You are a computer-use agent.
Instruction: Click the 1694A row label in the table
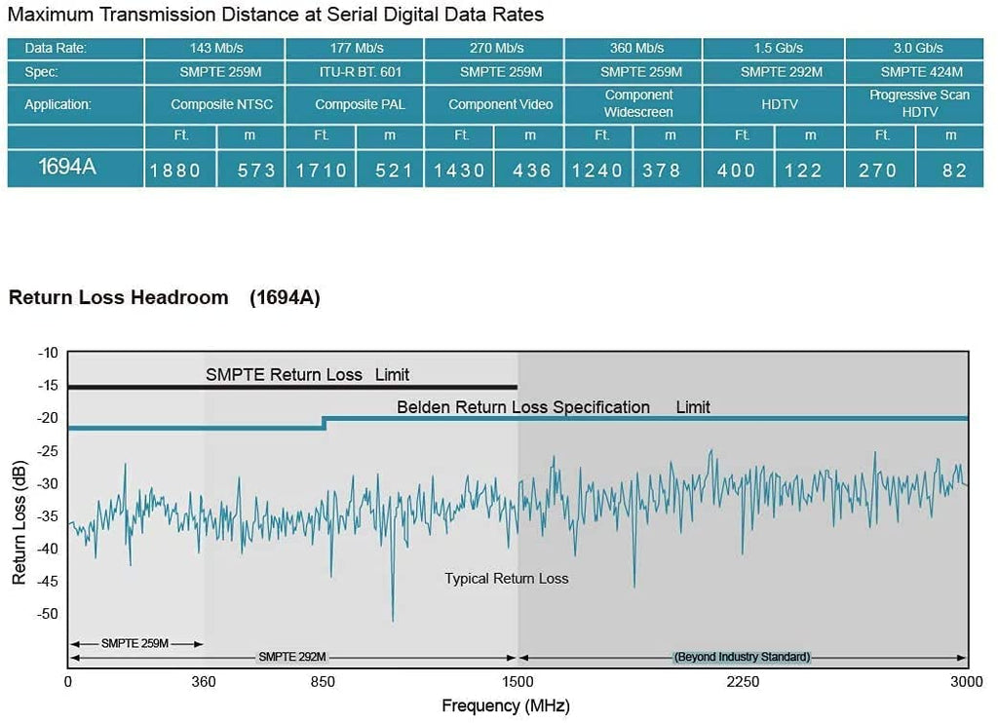[x=67, y=168]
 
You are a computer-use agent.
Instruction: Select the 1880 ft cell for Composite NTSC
[x=175, y=171]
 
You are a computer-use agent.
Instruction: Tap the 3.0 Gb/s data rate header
[x=915, y=48]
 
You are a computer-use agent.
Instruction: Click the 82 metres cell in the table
[x=955, y=171]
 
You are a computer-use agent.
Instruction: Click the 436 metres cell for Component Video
[x=532, y=171]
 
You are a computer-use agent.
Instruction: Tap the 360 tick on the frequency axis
[x=204, y=682]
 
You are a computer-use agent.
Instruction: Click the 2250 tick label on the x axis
[x=743, y=682]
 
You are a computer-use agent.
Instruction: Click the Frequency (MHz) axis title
[x=505, y=705]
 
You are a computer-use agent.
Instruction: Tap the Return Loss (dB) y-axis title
[x=19, y=523]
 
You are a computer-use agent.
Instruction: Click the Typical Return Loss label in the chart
[x=506, y=579]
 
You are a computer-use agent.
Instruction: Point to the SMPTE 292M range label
[x=291, y=657]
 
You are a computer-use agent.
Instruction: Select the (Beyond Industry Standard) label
[x=743, y=657]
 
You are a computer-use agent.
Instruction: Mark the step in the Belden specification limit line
[x=324, y=423]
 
